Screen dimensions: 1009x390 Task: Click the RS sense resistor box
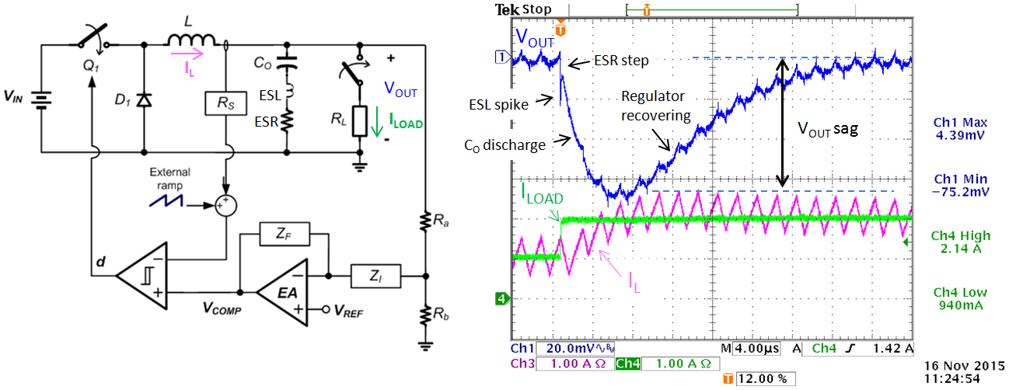click(225, 103)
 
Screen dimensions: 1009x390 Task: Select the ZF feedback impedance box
click(285, 234)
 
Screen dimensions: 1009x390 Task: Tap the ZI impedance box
click(375, 276)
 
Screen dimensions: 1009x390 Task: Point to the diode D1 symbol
click(144, 100)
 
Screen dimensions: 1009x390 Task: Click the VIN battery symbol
click(41, 100)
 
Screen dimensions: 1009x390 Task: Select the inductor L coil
click(192, 40)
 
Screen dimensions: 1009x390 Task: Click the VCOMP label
click(222, 308)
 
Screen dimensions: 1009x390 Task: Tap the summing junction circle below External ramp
click(225, 206)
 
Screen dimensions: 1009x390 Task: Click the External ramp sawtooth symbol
click(166, 200)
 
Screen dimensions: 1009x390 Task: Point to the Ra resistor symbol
click(425, 221)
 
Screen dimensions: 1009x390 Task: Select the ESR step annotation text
click(621, 61)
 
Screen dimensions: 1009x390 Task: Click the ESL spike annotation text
click(498, 104)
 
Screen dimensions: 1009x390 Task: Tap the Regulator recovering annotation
click(655, 106)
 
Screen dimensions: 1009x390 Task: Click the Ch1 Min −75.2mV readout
click(960, 186)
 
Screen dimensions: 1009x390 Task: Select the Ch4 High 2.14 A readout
click(960, 242)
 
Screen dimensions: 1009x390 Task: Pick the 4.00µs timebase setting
click(757, 349)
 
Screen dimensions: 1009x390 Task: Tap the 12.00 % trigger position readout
click(766, 379)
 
